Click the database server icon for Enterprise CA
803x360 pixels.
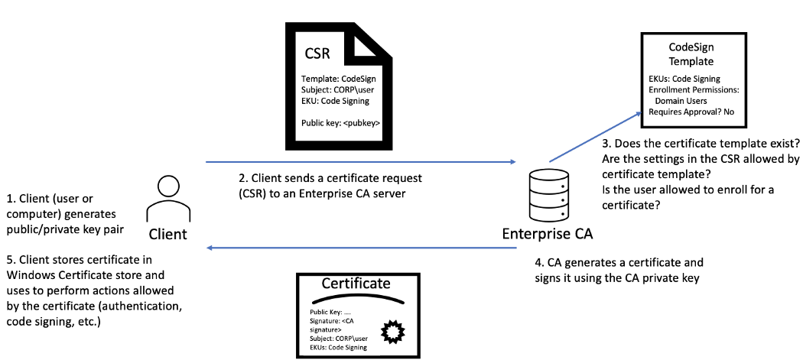(x=548, y=196)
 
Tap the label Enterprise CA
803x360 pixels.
(x=547, y=234)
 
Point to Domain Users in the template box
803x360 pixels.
(x=686, y=100)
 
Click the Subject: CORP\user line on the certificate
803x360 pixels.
(x=346, y=338)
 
